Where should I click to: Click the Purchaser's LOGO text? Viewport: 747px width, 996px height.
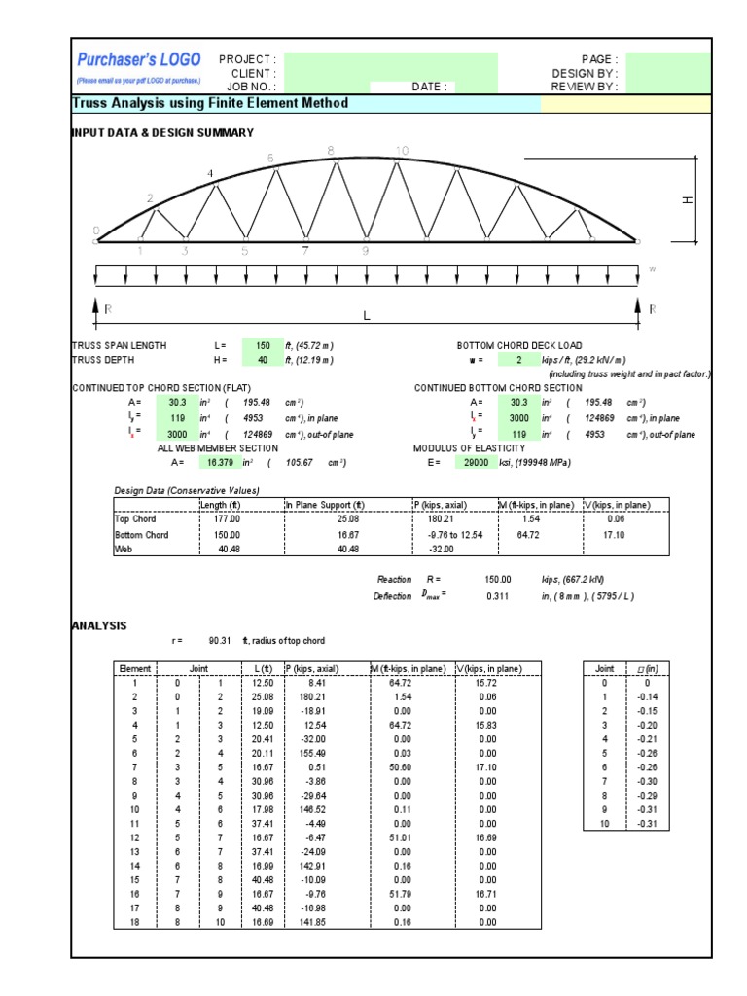(139, 60)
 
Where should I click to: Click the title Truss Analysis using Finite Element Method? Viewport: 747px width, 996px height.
(210, 103)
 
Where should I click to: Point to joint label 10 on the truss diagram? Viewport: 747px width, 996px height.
(402, 150)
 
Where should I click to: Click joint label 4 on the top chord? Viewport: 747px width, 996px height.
(210, 174)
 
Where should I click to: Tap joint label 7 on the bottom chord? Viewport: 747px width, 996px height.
(305, 251)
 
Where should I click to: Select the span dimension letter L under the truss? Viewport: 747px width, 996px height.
(367, 315)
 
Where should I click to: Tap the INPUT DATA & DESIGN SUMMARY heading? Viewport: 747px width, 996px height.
(162, 132)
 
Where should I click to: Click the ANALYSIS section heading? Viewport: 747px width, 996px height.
(99, 625)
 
